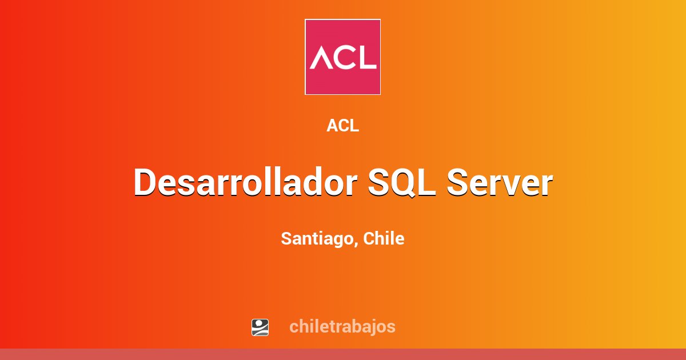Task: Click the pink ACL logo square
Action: tap(342, 57)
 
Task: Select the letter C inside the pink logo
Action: tap(345, 57)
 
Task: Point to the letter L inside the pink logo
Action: tap(368, 57)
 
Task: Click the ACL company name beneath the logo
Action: tap(342, 126)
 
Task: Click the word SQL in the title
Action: tap(401, 183)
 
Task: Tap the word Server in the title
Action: tap(500, 183)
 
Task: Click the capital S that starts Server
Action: tap(457, 183)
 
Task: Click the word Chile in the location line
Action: tap(384, 238)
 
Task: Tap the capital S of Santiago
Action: tap(286, 238)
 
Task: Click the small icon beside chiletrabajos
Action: tap(260, 327)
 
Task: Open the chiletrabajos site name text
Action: tap(342, 326)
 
